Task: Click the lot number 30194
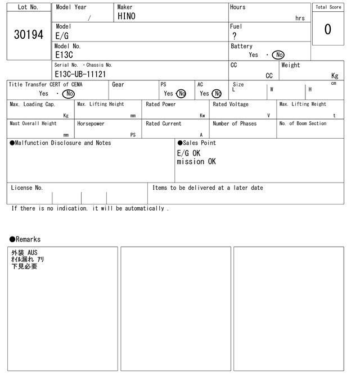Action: coord(28,35)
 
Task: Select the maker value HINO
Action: coord(127,17)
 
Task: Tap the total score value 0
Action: coord(327,29)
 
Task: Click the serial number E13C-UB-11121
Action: coord(80,74)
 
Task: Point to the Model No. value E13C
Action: coord(64,55)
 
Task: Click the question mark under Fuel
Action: coord(234,36)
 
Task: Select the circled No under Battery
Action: coord(278,55)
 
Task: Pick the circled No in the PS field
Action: coord(181,94)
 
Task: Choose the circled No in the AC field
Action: coord(217,94)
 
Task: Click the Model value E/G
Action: coord(62,36)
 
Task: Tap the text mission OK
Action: coord(196,162)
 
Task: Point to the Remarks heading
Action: coord(25,239)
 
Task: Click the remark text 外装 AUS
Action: coord(24,253)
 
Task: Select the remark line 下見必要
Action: coord(24,266)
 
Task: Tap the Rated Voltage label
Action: coord(231,104)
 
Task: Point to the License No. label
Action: coord(26,188)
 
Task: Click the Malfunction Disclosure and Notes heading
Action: coord(61,143)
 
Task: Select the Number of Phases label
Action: coord(235,124)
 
